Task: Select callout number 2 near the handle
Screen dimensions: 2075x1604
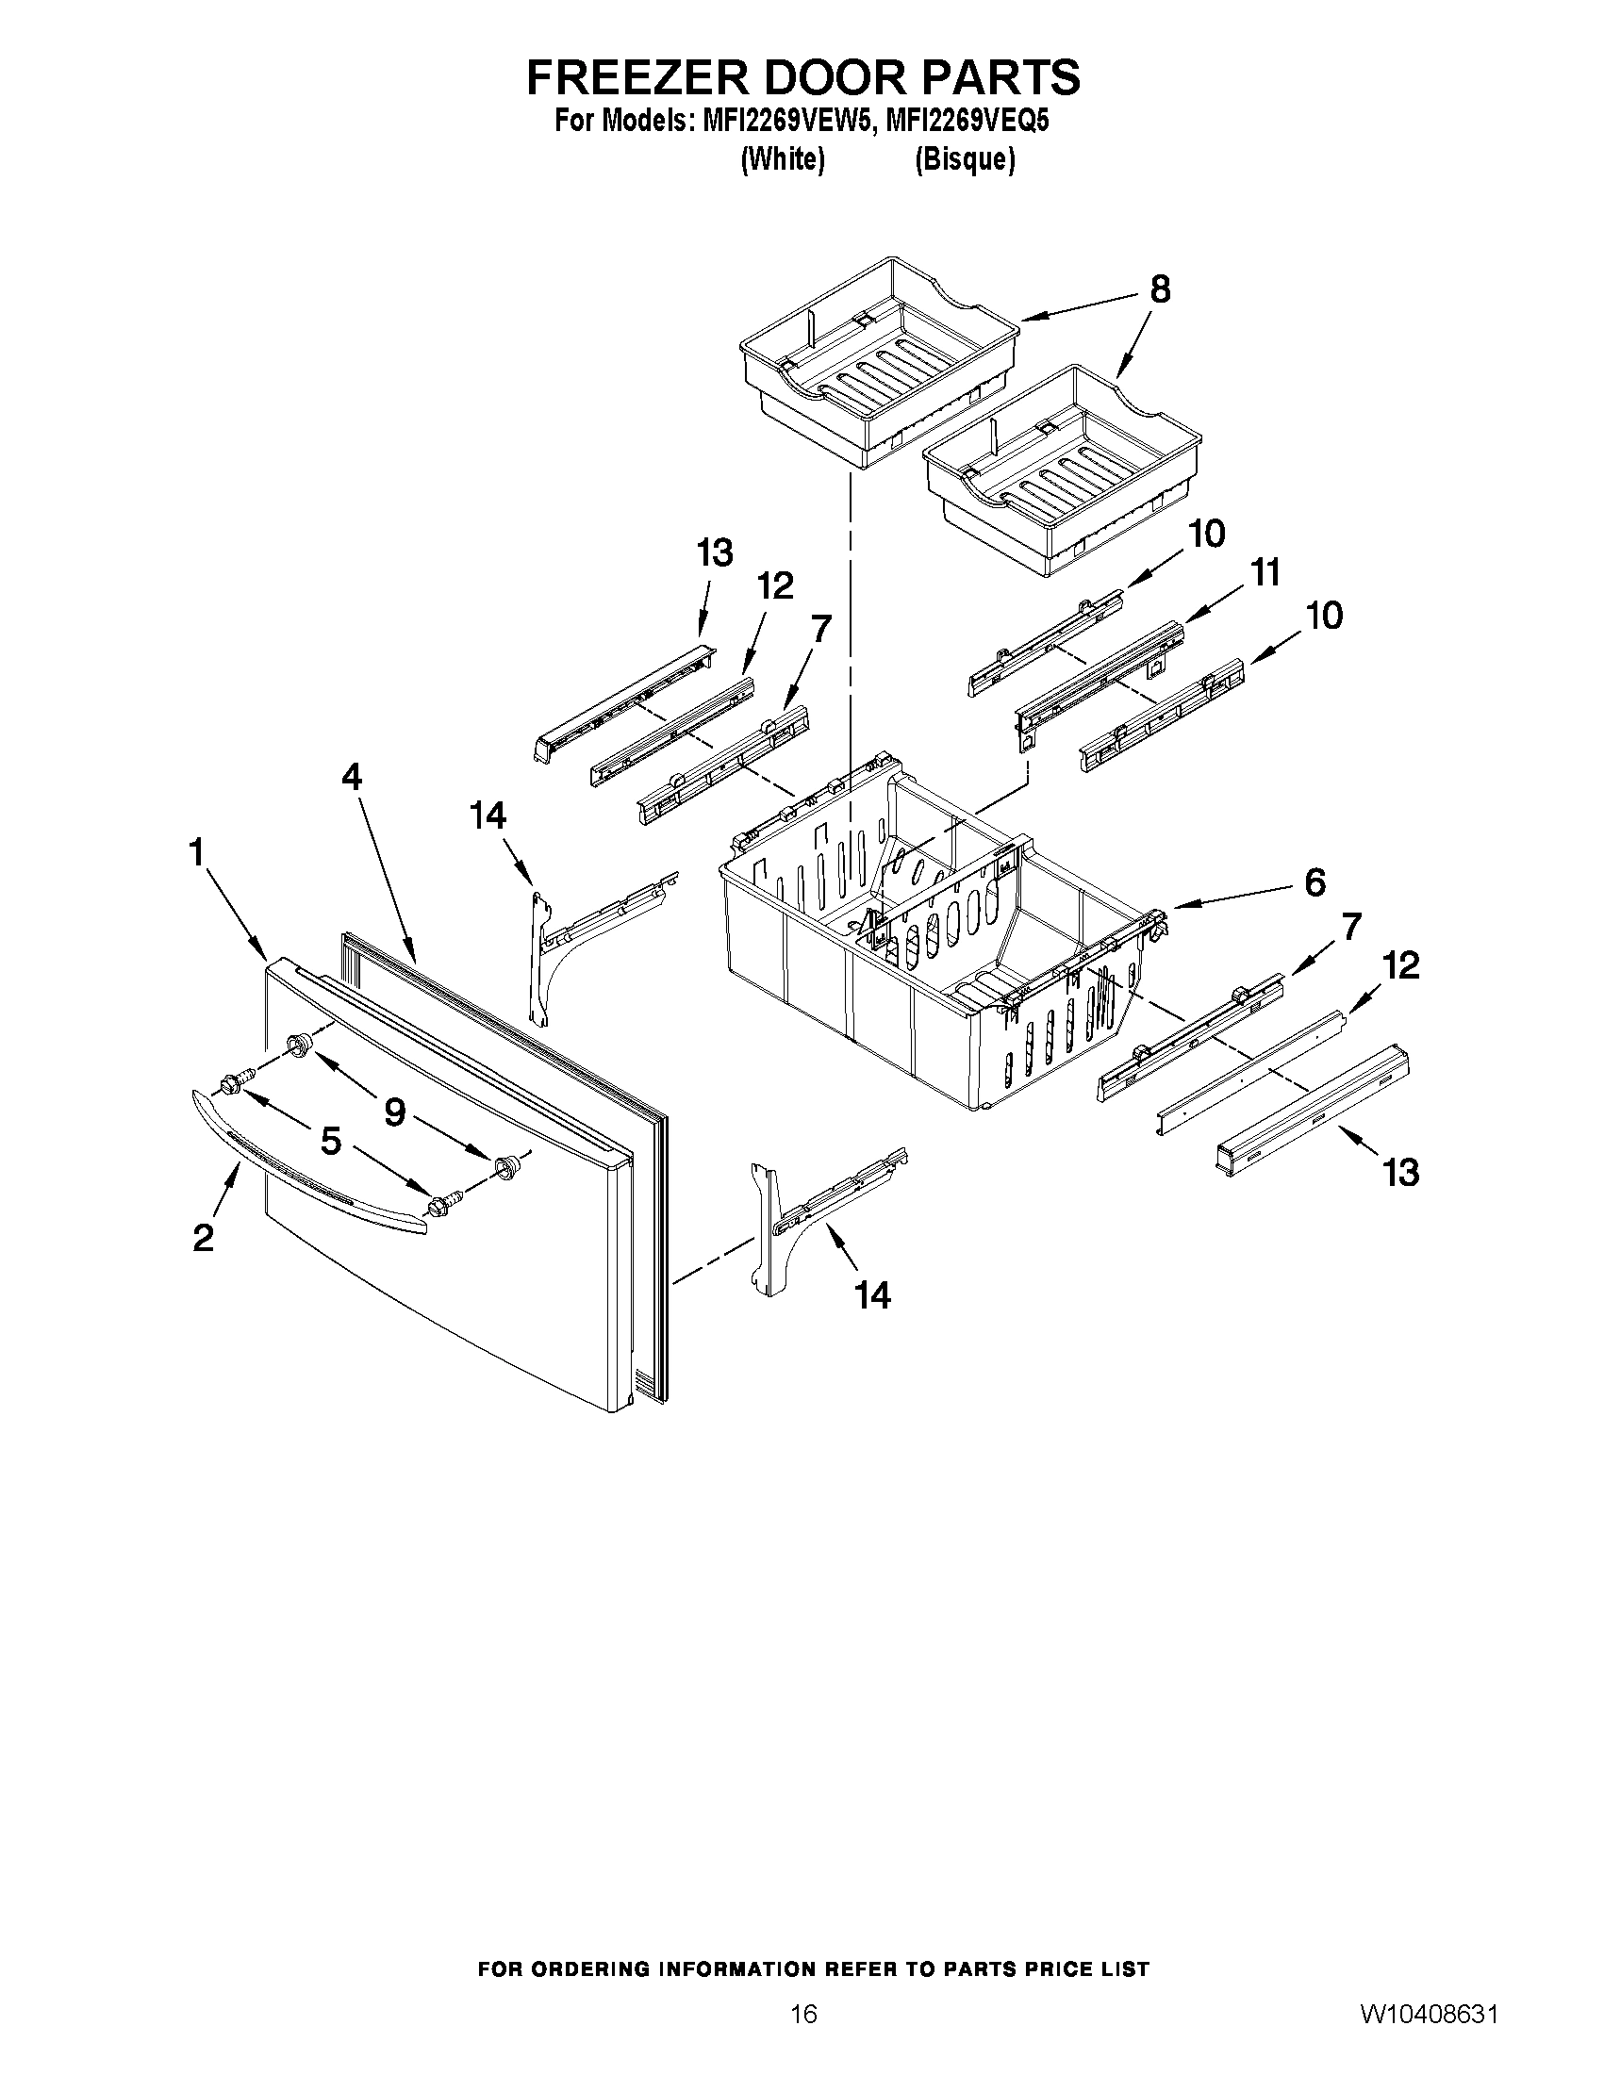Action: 203,1238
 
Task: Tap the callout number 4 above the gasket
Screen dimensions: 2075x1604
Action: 351,777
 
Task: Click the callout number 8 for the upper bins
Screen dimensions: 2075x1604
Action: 1159,288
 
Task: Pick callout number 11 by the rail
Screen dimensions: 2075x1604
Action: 1265,573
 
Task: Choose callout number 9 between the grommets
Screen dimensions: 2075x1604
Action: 394,1112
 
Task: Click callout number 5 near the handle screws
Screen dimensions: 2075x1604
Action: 330,1141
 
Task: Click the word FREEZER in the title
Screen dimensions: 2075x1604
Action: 634,78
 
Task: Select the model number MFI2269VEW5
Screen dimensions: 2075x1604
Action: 785,122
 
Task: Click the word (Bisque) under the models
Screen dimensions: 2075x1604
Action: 965,159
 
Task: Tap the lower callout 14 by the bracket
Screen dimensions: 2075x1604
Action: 872,1294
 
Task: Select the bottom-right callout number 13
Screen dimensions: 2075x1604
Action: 1400,1173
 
